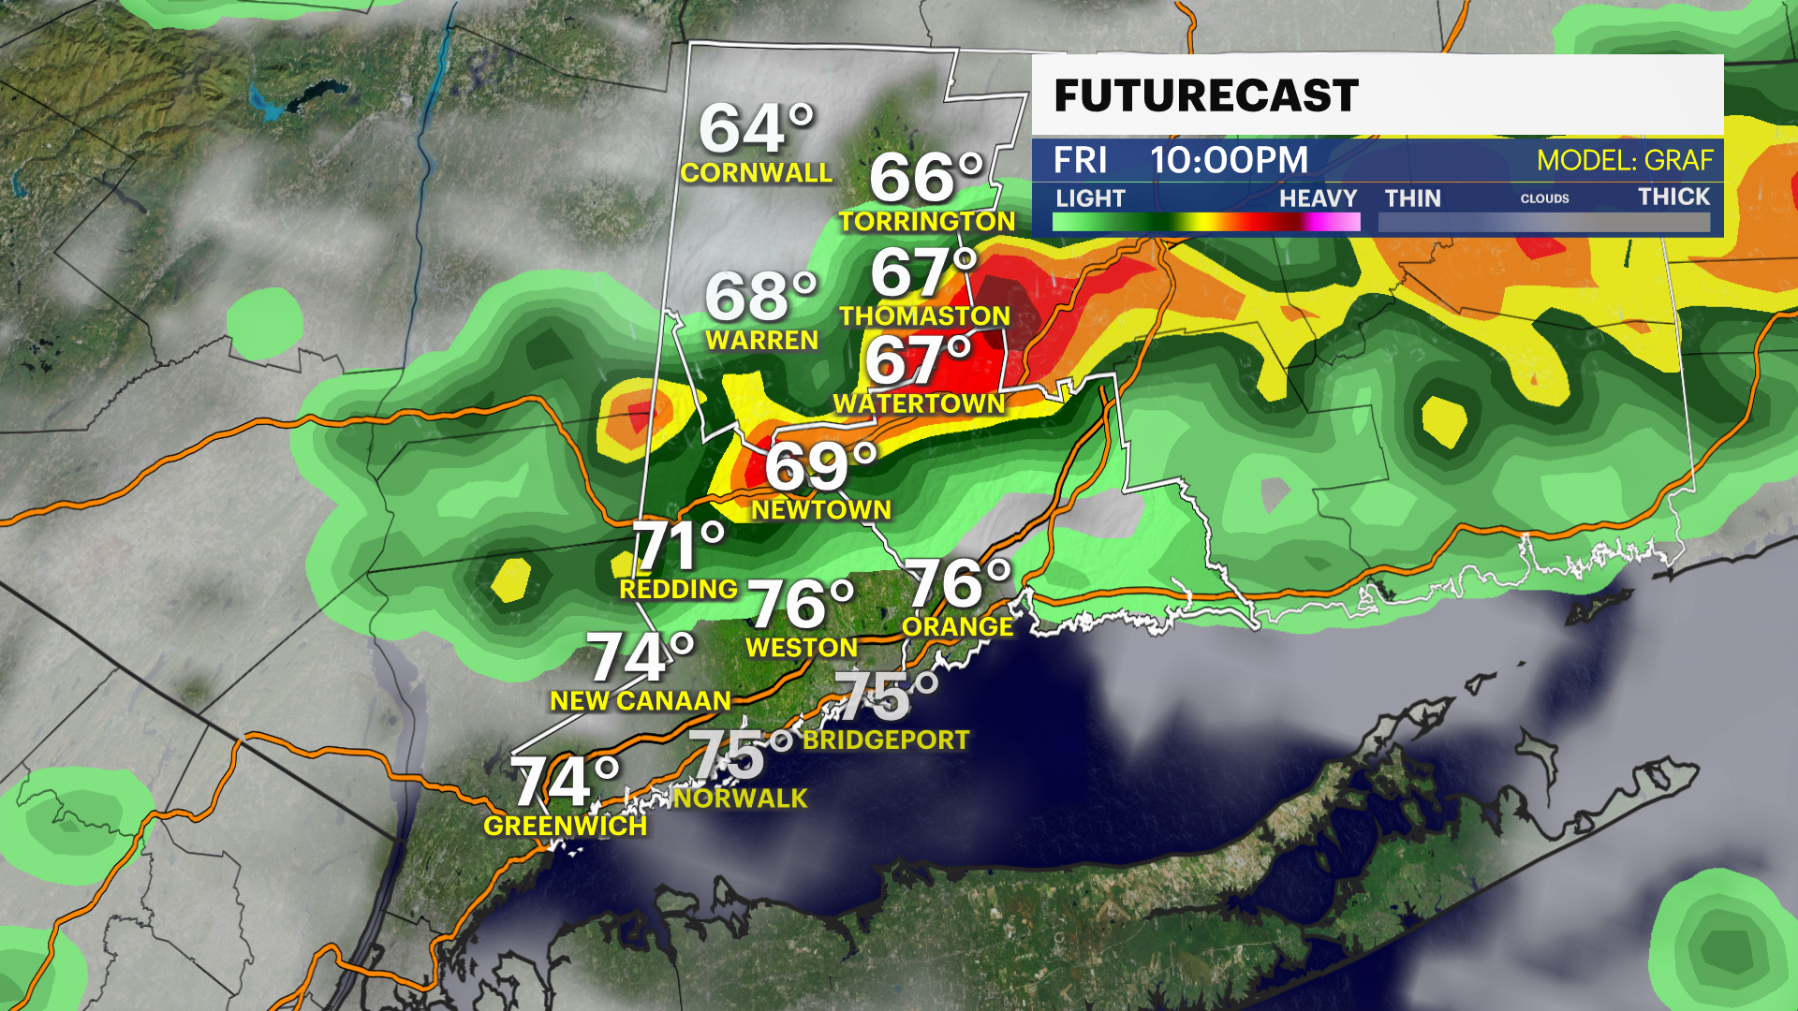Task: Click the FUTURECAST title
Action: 1206,96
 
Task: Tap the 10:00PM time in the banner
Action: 1229,160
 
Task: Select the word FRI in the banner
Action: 1080,160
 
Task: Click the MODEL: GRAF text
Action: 1625,160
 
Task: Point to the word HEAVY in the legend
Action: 1318,198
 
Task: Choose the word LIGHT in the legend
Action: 1090,198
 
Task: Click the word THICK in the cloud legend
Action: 1673,197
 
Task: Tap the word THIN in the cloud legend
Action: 1412,198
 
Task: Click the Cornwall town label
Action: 756,173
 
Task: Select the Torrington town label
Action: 927,222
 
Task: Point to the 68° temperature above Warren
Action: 760,297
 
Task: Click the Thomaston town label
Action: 924,316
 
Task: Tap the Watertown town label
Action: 919,403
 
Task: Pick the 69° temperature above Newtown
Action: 820,467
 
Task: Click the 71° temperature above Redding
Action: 679,546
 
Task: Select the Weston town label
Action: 802,648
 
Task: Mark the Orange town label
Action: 957,627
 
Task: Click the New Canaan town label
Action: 641,701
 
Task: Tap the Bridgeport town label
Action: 886,740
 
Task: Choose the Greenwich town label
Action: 565,826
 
